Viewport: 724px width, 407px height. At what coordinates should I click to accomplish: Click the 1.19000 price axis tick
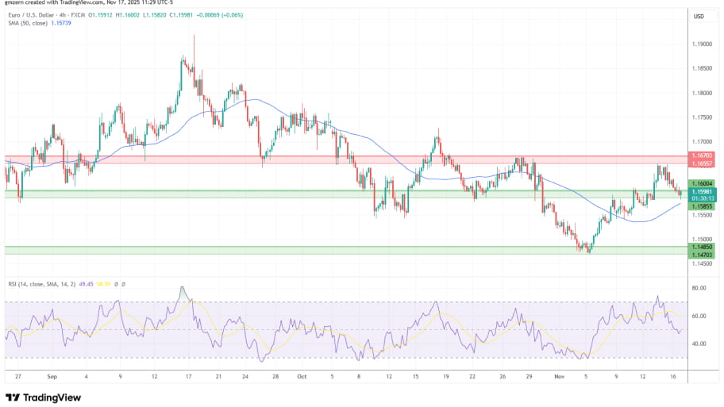coord(701,44)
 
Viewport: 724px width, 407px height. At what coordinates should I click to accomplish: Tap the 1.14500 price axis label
coord(701,263)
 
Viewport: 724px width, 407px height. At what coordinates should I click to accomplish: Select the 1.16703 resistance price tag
coord(702,156)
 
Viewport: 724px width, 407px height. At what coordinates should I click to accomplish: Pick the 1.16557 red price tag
coord(702,163)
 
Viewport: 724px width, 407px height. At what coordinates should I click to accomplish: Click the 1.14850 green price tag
coord(702,248)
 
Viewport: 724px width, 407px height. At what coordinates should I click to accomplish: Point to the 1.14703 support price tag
coord(702,255)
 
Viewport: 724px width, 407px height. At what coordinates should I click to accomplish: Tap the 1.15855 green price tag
coord(702,206)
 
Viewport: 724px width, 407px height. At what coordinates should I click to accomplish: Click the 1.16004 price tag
coord(702,183)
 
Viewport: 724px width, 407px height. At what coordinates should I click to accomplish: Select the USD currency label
coord(699,16)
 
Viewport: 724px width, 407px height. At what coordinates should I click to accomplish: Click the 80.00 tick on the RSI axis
coord(699,288)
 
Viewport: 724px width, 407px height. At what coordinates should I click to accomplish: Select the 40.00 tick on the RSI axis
coord(699,344)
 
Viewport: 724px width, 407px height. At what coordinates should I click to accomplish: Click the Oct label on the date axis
coord(301,378)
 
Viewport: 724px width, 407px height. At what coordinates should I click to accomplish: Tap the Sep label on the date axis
coord(52,378)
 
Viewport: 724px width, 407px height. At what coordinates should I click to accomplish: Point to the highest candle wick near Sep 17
coord(194,36)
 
